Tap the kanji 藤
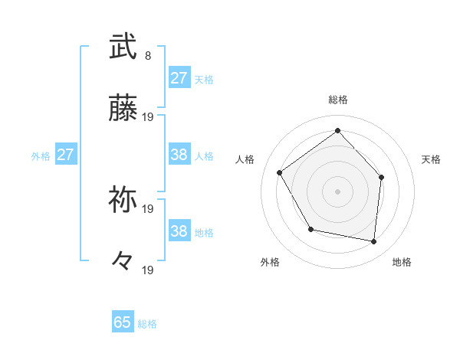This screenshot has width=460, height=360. [x=123, y=108]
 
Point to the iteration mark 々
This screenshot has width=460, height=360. [x=123, y=261]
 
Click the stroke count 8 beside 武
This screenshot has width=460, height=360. [x=148, y=56]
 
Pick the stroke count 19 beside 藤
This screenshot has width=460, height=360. [x=149, y=117]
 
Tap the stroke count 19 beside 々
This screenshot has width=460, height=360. [x=149, y=270]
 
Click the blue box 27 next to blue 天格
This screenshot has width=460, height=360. [x=179, y=78]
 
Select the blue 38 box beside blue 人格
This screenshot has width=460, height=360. [x=179, y=155]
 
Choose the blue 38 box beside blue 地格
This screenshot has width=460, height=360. [x=179, y=231]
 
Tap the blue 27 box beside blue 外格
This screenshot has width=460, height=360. [x=66, y=155]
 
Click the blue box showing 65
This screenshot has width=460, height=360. [x=123, y=322]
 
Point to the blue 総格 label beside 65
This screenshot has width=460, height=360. [x=147, y=324]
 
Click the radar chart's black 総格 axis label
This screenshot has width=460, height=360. [x=337, y=100]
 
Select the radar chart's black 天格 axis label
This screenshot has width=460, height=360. [x=432, y=159]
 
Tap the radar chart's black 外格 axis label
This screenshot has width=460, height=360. [x=270, y=262]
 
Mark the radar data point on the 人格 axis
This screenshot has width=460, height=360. [x=280, y=172]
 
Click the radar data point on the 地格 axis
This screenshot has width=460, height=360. [x=373, y=241]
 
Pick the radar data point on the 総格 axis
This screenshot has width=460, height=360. [x=337, y=130]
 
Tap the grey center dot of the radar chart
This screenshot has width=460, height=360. [x=337, y=191]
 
